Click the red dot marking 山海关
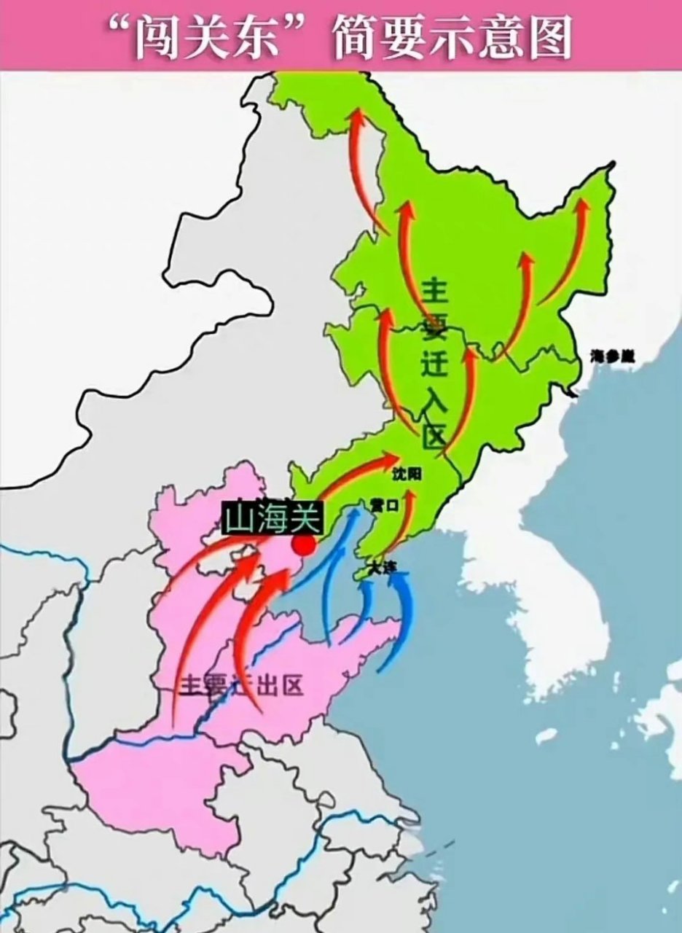click(x=304, y=545)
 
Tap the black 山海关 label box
click(x=271, y=519)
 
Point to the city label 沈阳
click(x=407, y=474)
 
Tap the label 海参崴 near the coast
click(x=613, y=356)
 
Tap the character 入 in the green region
click(x=434, y=400)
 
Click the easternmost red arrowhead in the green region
click(x=582, y=206)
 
